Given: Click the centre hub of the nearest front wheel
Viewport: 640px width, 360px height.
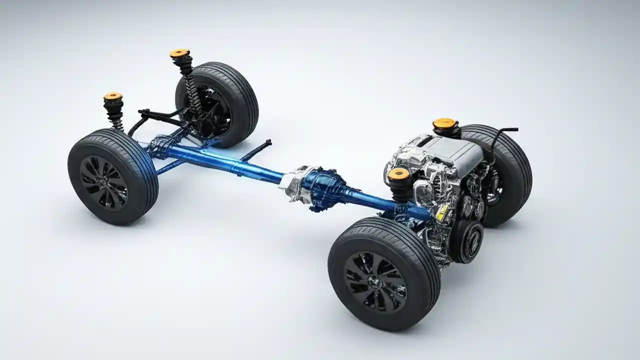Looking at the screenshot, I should pyautogui.click(x=375, y=281).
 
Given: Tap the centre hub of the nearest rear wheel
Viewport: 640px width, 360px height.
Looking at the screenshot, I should pyautogui.click(x=103, y=181).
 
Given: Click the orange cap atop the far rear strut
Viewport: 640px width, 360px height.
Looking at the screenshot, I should pyautogui.click(x=179, y=52).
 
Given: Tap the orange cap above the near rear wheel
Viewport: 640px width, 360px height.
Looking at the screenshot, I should pyautogui.click(x=113, y=95).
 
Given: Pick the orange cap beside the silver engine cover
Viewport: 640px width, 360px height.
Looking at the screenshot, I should pyautogui.click(x=444, y=123).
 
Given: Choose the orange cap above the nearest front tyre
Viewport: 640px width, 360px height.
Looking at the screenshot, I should pyautogui.click(x=398, y=173).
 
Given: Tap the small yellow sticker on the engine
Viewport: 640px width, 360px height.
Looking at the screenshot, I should pyautogui.click(x=441, y=212).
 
